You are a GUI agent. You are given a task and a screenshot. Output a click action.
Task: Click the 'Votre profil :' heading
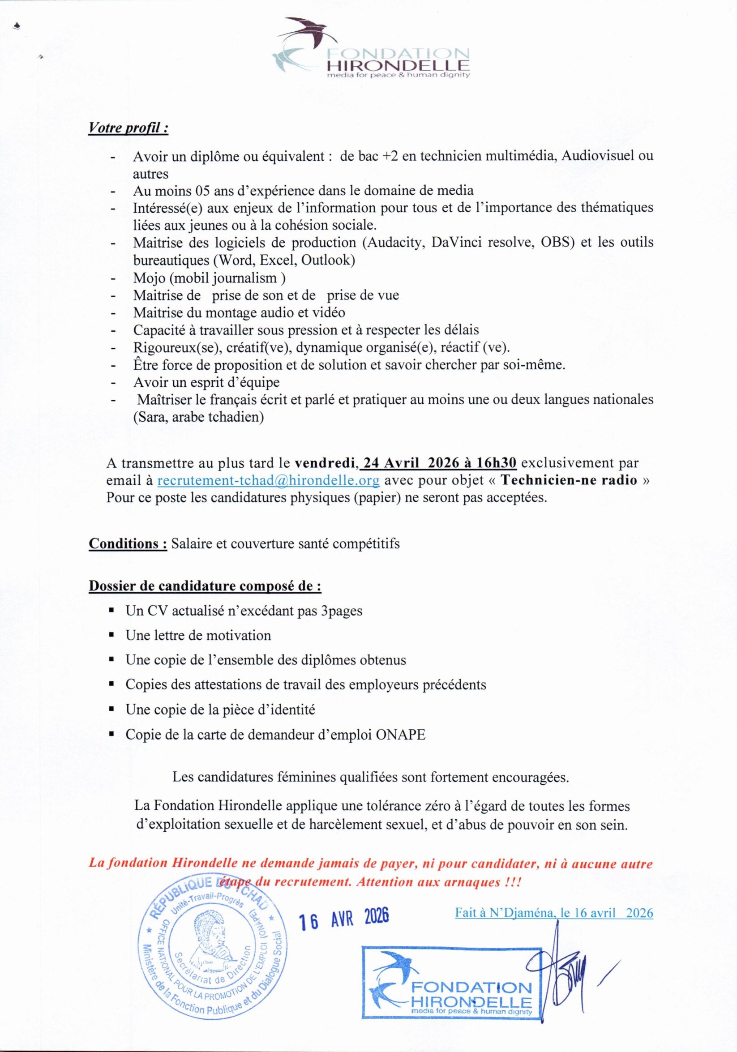coord(129,128)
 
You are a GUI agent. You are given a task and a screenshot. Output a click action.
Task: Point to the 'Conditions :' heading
coord(128,543)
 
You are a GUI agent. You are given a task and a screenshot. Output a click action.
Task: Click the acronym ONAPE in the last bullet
coord(400,735)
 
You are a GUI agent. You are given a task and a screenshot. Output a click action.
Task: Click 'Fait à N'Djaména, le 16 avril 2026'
coord(554,900)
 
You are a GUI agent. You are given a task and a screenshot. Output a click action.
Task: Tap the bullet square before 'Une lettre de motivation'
coord(111,636)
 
